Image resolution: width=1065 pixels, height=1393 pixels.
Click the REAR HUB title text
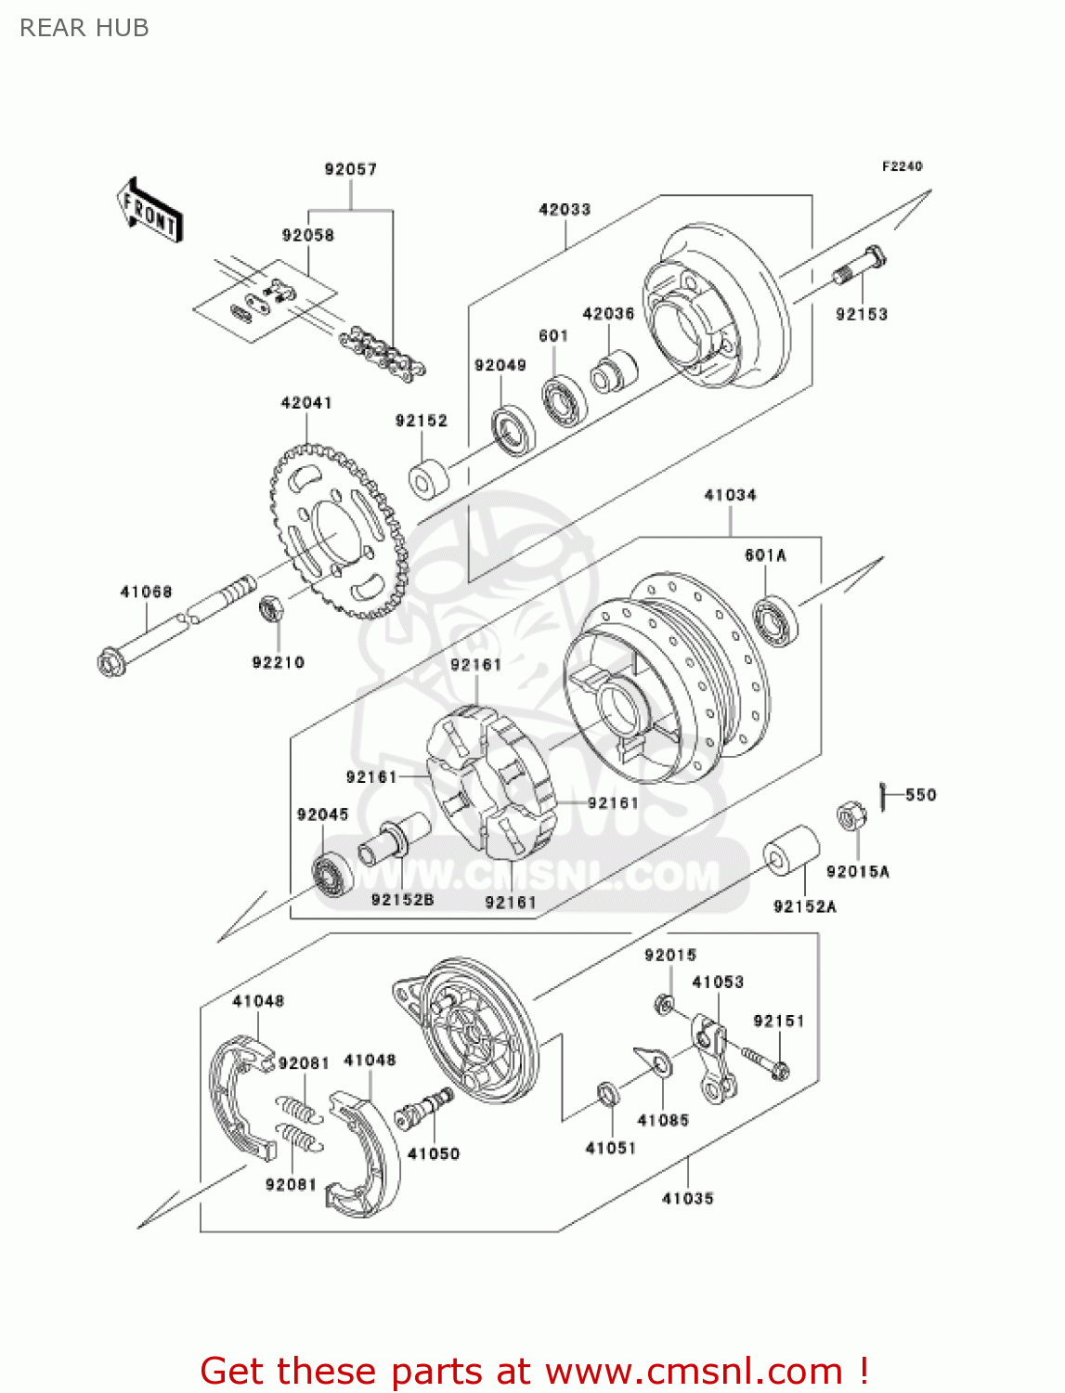[84, 28]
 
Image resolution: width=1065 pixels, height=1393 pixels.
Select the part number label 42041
[306, 402]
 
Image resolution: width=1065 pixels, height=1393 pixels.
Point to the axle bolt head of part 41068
[110, 662]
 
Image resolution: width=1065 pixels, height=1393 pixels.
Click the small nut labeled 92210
[271, 608]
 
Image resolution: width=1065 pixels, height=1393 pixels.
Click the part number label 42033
[565, 210]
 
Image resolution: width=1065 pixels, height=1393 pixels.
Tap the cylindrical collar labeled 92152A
[791, 850]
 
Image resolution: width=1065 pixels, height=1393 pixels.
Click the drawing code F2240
[902, 166]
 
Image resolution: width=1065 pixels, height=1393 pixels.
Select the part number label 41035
[687, 1198]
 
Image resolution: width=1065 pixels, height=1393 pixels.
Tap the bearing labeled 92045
[331, 875]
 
